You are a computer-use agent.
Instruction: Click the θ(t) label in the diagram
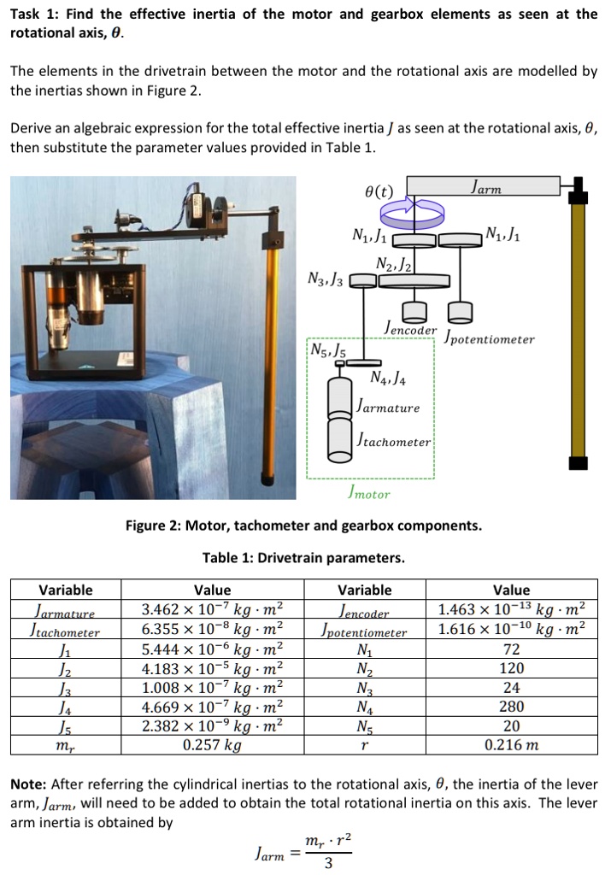pos(377,191)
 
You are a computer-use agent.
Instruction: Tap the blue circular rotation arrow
pos(416,208)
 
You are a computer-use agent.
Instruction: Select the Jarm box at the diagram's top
pos(483,185)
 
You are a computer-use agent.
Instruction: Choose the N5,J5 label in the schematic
pos(328,349)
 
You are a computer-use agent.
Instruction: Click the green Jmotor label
pos(369,493)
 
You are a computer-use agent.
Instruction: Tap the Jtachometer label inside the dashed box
pos(393,441)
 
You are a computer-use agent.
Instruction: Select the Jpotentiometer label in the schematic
pos(489,338)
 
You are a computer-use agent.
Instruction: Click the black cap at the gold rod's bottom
pos(579,463)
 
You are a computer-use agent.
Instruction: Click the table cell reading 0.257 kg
pos(212,744)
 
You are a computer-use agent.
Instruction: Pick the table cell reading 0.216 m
pos(511,744)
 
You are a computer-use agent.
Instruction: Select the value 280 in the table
pos(511,707)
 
